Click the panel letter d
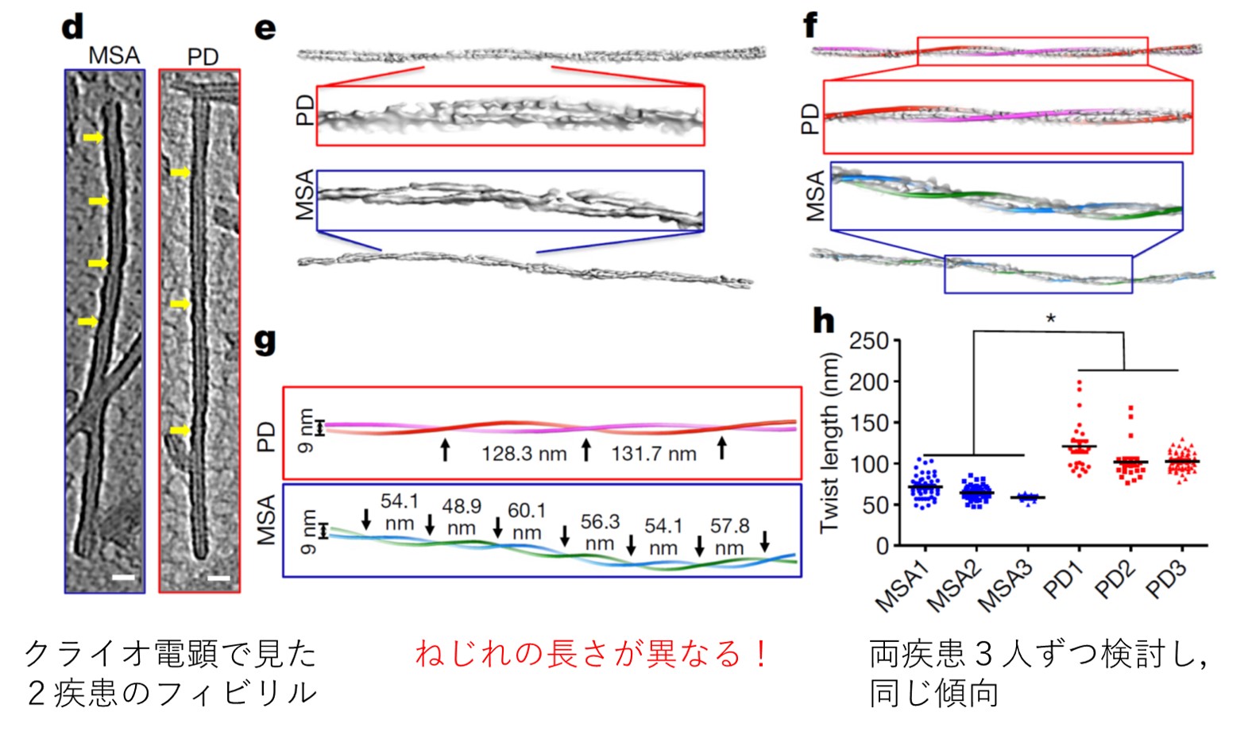tap(72, 27)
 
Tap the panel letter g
tap(265, 342)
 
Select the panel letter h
tap(823, 321)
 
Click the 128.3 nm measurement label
tap(524, 454)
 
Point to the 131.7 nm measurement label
tap(653, 454)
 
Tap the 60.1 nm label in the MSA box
tap(527, 521)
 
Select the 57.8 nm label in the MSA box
tap(729, 536)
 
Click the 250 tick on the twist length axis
tap(869, 341)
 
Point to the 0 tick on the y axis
tap(883, 546)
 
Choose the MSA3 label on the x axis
tap(1004, 587)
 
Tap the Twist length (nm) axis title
tap(830, 443)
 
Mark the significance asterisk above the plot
tap(1051, 319)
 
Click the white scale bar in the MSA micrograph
tap(123, 577)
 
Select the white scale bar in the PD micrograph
tap(219, 578)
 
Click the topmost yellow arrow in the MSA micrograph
tap(93, 137)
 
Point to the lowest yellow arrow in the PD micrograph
tap(180, 430)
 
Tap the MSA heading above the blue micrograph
tap(114, 56)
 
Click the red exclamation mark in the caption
tap(760, 655)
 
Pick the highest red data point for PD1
tap(1080, 383)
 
